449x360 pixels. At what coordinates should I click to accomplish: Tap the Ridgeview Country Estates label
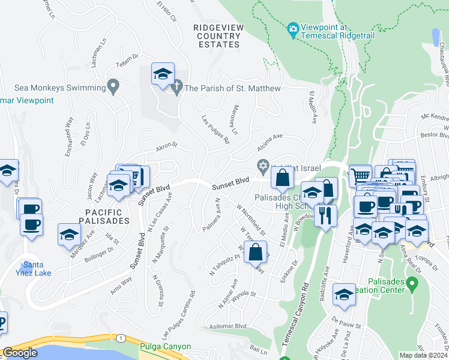[x=217, y=36]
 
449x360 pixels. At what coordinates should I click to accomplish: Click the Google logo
[x=20, y=353]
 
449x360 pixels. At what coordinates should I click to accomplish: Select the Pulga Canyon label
[x=165, y=347]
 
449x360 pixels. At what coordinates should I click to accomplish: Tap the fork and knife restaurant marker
[x=325, y=215]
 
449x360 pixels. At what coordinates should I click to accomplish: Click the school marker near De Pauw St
[x=344, y=295]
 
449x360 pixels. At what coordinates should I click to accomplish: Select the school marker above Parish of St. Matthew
[x=163, y=74]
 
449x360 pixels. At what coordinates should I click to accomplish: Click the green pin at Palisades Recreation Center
[x=411, y=283]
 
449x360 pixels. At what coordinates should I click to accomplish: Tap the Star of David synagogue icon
[x=262, y=165]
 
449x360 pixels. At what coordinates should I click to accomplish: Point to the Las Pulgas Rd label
[x=215, y=130]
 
